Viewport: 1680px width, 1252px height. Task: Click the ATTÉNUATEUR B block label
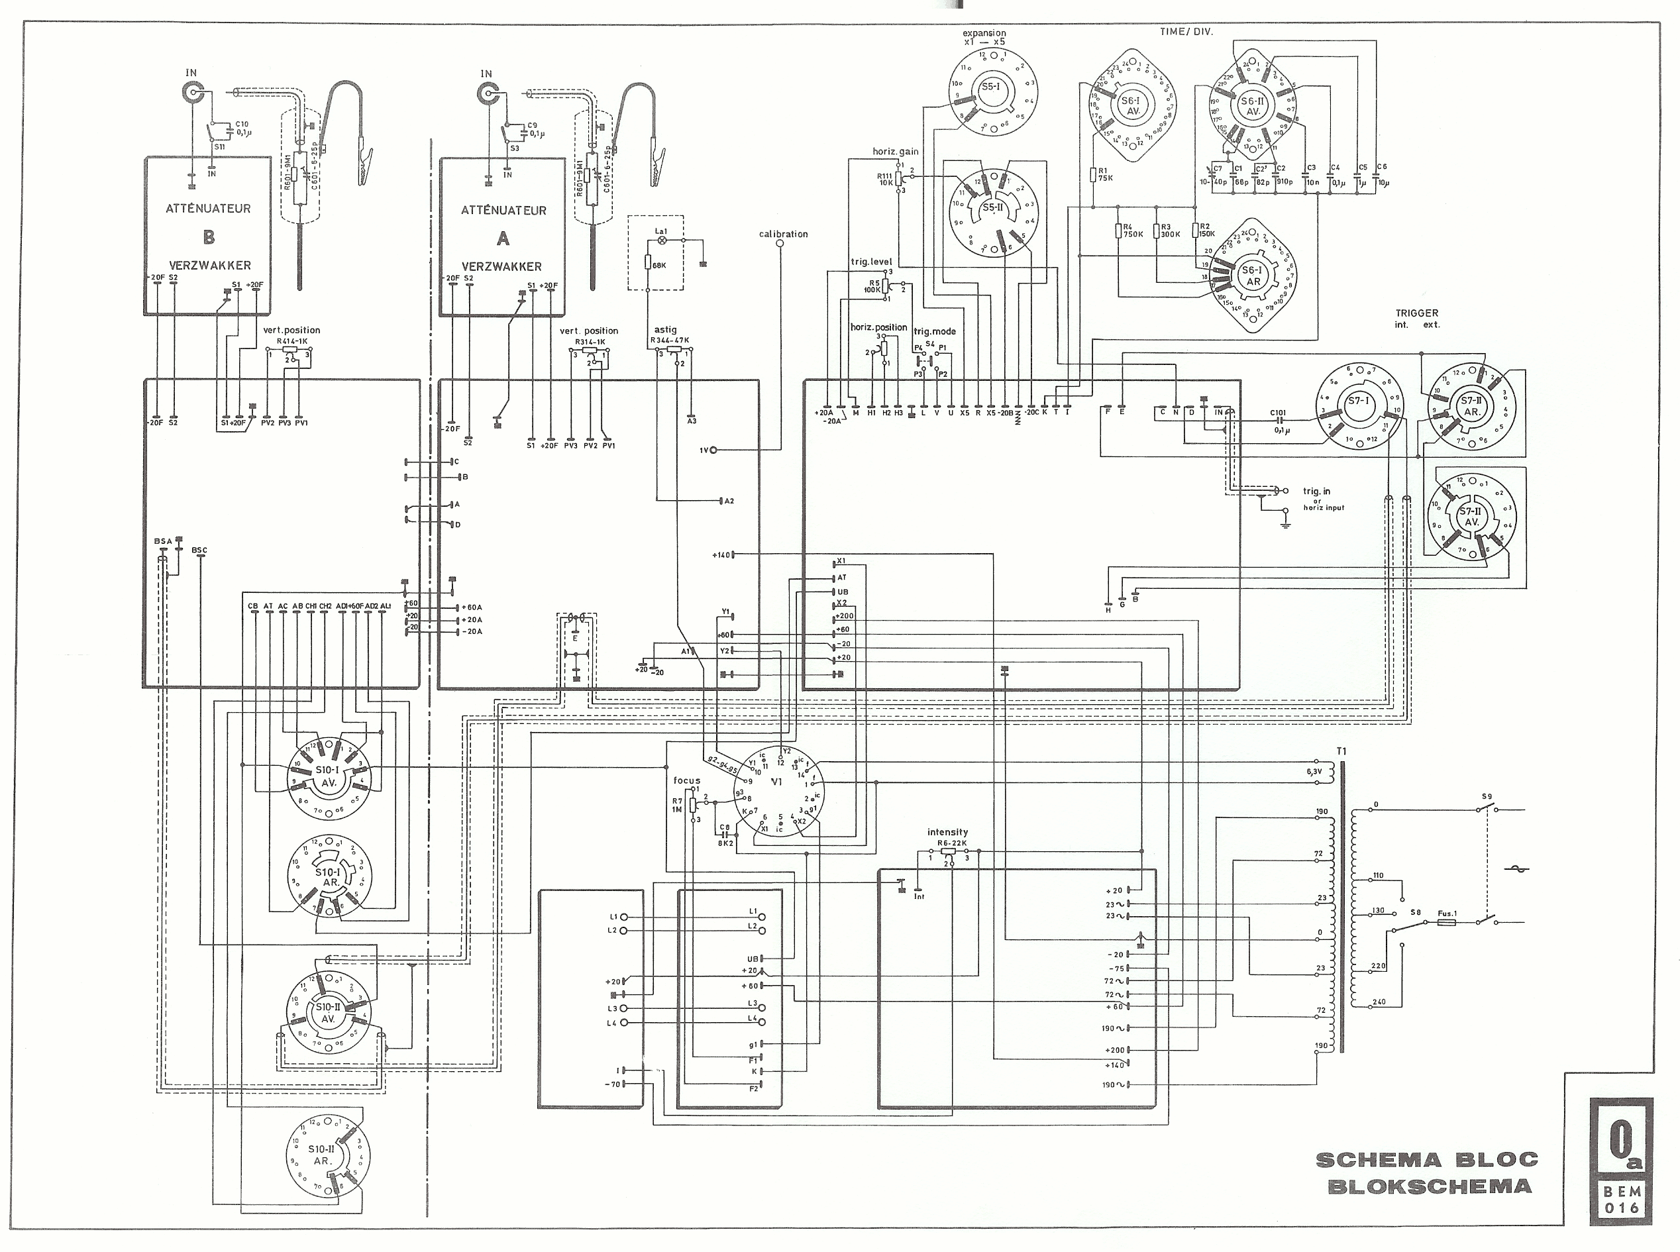pos(207,209)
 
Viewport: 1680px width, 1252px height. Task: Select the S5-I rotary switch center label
pos(990,87)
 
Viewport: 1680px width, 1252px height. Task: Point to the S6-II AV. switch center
pos(1253,106)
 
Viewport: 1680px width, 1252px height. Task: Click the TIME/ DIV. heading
pos(1186,32)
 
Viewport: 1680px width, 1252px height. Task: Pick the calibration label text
pos(783,235)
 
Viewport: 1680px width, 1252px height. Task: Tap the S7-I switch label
pos(1357,400)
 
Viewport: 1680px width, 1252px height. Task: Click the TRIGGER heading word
pos(1416,313)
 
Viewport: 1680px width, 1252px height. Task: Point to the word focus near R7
pos(686,780)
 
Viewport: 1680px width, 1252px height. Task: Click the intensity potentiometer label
pos(947,832)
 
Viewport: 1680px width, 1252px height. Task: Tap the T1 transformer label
pos(1341,751)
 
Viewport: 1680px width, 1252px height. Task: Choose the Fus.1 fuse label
pos(1447,913)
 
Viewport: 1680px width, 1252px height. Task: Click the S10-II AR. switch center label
pos(322,1155)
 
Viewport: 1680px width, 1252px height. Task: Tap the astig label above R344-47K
pos(665,330)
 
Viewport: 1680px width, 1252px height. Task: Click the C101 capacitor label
pos(1278,413)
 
